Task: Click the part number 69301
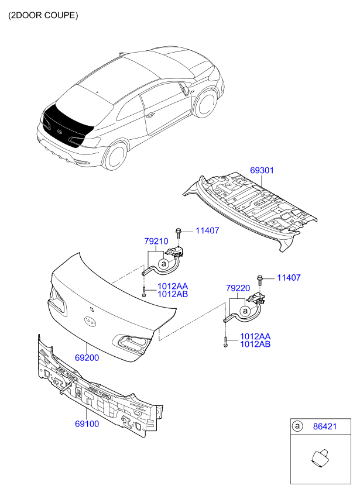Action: [262, 171]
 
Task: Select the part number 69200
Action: [87, 358]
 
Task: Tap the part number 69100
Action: [87, 424]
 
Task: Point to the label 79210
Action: [156, 242]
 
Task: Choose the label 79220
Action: [238, 288]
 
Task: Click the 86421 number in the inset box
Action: [325, 426]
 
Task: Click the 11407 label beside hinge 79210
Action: [207, 230]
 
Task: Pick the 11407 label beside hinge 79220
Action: [289, 278]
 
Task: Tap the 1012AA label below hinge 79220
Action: [255, 336]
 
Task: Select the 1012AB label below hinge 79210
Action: [173, 294]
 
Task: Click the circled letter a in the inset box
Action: [297, 426]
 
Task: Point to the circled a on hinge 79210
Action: [164, 263]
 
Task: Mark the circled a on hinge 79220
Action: [245, 311]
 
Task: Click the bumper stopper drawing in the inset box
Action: [320, 459]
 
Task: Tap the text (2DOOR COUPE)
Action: [43, 15]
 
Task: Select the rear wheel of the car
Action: [115, 156]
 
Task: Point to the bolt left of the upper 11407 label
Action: [179, 233]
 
